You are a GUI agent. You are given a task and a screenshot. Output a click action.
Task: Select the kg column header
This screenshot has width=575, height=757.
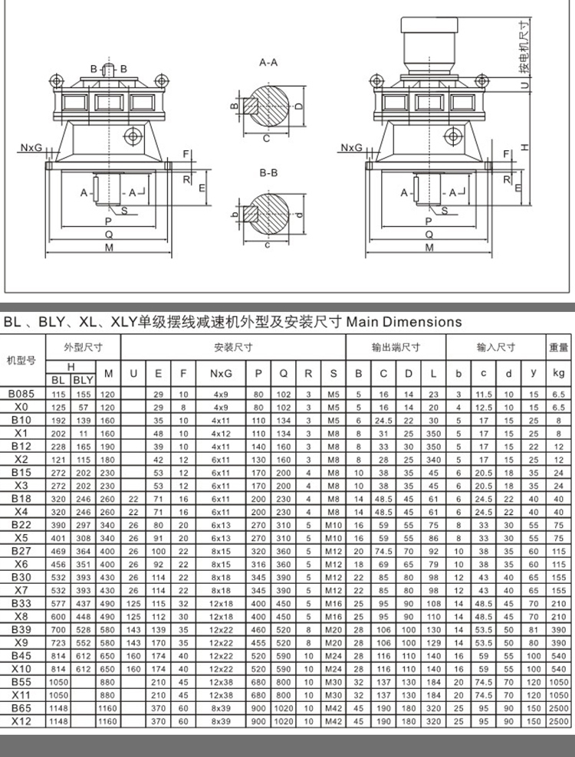[557, 373]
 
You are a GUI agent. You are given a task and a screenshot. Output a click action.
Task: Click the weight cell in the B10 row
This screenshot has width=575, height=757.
[557, 420]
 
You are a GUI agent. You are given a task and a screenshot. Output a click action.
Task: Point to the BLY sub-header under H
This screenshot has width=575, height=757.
[83, 379]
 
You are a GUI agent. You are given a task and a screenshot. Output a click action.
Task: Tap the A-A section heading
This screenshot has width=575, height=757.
[268, 62]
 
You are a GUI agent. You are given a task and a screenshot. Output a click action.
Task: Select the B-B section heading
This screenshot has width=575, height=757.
[268, 173]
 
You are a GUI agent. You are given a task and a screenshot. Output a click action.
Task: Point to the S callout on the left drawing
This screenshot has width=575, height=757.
[123, 208]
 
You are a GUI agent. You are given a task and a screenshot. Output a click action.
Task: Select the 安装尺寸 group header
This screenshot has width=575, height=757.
[234, 346]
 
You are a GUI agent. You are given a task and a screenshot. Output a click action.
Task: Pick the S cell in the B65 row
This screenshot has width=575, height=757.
[333, 708]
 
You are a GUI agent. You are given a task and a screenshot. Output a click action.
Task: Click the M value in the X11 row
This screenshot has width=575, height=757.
[108, 695]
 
